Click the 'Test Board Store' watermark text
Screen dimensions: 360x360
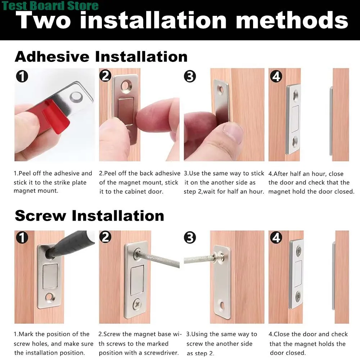pyautogui.click(x=50, y=5)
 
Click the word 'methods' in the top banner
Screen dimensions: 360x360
pyautogui.click(x=292, y=20)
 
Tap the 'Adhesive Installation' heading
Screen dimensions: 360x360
pyautogui.click(x=101, y=57)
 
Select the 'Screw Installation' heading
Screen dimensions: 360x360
pyautogui.click(x=89, y=216)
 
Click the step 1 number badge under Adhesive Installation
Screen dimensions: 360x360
pyautogui.click(x=22, y=76)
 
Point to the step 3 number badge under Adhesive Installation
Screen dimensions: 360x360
pyautogui.click(x=190, y=76)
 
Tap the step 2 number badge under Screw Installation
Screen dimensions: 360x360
pyautogui.click(x=105, y=237)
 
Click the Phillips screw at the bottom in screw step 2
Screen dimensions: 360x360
pyautogui.click(x=138, y=303)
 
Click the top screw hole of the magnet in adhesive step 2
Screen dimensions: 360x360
pyautogui.click(x=126, y=86)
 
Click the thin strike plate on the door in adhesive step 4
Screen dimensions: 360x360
pyautogui.click(x=331, y=121)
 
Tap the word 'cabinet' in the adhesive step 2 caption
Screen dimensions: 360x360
pyautogui.click(x=138, y=192)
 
